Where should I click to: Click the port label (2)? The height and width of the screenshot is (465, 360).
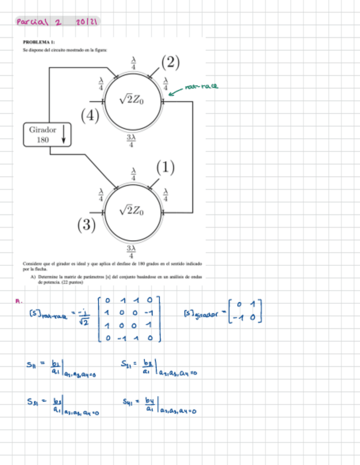pos(170,63)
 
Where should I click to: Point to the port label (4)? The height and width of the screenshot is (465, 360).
pos(91,116)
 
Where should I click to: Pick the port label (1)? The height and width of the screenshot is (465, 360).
pos(165,167)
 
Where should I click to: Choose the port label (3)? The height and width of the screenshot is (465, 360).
pos(86,224)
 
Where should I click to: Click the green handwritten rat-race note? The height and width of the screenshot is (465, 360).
pos(201,86)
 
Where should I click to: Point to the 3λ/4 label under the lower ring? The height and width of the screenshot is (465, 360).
pos(132,251)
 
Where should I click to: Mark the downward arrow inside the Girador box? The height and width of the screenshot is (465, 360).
pos(63,134)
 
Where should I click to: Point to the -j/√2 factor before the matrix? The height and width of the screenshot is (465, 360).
pos(83,317)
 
